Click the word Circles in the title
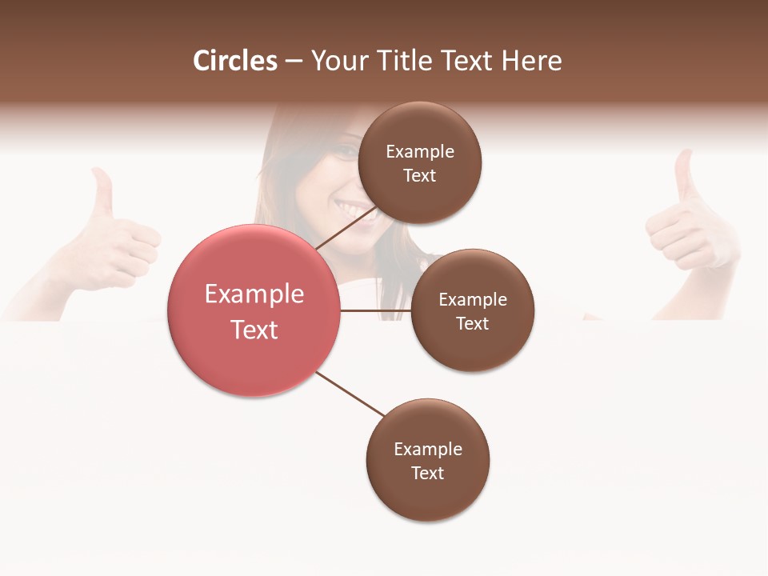pos(235,61)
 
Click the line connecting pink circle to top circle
pos(346,227)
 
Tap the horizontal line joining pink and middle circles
pos(375,310)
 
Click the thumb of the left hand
pos(102,192)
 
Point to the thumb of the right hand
pos(683,174)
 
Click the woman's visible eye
pos(346,151)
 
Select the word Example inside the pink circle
pos(254,294)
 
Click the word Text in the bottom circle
pos(427,474)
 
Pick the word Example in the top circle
pos(419,152)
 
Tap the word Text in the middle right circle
pos(472,324)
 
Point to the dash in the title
pos(294,62)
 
